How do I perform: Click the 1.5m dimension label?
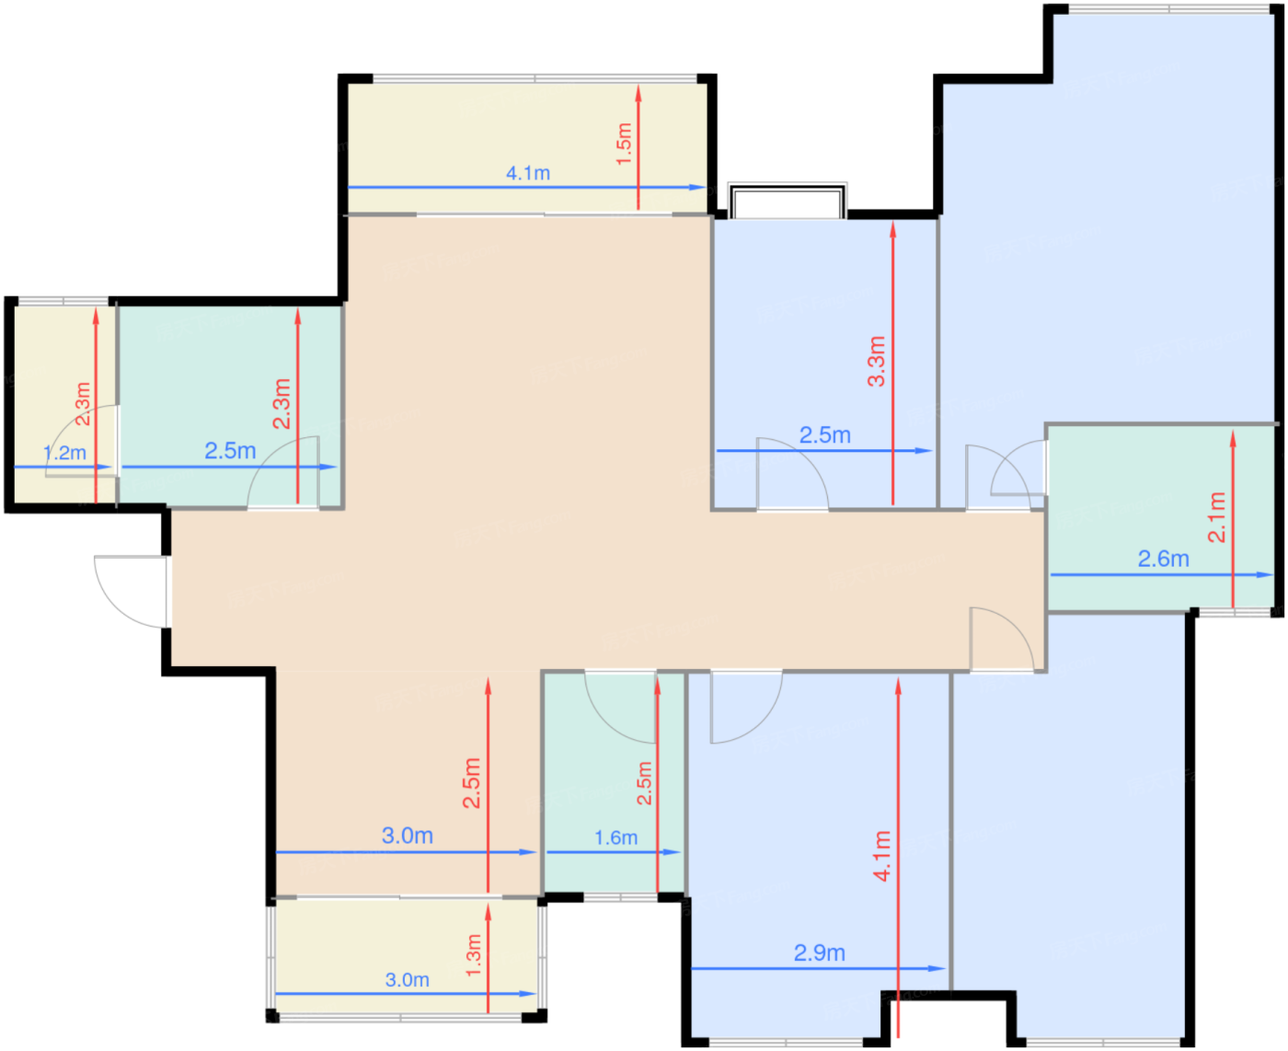point(624,144)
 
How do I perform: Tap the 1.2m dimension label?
point(64,454)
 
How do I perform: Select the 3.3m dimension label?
point(877,361)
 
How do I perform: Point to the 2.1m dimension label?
point(1216,517)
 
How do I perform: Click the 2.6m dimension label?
point(1164,560)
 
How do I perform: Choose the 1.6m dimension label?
point(615,837)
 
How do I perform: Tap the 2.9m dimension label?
point(820,953)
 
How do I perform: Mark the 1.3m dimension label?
point(473,955)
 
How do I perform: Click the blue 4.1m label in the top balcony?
point(528,173)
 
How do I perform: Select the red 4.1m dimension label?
point(882,856)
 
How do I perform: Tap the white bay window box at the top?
point(788,201)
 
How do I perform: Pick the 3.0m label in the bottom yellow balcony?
point(408,980)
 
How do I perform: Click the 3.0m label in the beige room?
point(408,836)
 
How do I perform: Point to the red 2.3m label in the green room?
point(282,404)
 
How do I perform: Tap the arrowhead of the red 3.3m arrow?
point(893,230)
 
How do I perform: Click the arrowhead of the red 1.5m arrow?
point(638,93)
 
